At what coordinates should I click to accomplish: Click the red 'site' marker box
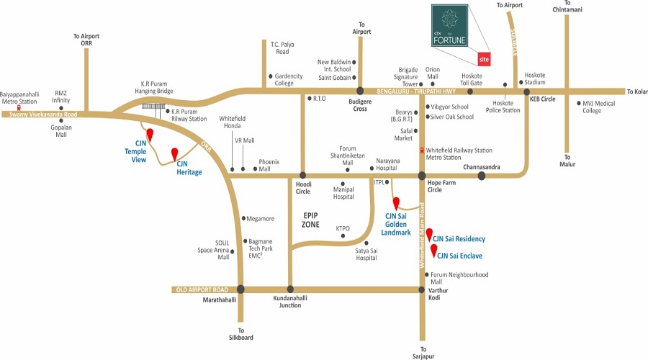click(484, 59)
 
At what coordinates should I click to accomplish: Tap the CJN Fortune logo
click(449, 26)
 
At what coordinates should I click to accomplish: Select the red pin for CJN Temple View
click(150, 135)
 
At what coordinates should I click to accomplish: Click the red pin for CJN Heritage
click(175, 154)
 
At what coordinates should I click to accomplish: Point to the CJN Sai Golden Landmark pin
click(396, 203)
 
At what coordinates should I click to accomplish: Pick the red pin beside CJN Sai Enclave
click(434, 251)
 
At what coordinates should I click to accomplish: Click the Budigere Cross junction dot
click(360, 91)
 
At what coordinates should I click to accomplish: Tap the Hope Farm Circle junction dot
click(421, 176)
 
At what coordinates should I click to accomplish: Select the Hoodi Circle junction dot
click(303, 175)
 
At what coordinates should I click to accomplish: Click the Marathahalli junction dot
click(240, 289)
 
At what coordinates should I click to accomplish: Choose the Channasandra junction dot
click(482, 176)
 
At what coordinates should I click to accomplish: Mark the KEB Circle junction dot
click(527, 91)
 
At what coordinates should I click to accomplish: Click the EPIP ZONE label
click(310, 220)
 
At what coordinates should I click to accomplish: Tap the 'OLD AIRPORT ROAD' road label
click(202, 289)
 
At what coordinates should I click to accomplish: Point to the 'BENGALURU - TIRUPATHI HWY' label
click(416, 91)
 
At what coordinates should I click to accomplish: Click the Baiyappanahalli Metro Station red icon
click(19, 108)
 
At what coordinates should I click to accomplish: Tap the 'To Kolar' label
click(637, 91)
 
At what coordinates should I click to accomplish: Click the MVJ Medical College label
click(599, 107)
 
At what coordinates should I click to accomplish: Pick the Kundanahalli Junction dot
click(290, 289)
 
